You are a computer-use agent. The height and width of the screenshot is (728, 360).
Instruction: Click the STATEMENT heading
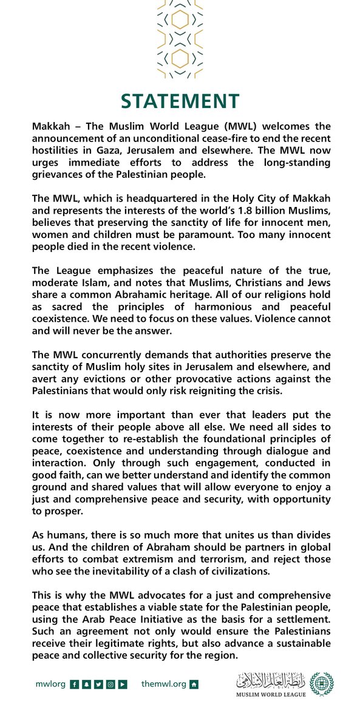coord(180,101)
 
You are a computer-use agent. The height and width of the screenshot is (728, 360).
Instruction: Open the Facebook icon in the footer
coord(73,684)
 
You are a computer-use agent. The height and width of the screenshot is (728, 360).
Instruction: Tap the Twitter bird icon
coord(98,684)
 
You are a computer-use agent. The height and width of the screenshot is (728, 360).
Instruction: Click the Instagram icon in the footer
coord(110,684)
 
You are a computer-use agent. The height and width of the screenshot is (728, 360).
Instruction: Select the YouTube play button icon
coord(123,684)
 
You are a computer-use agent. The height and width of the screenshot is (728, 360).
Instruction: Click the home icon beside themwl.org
coord(194,684)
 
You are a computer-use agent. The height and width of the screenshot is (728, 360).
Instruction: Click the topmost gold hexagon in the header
coord(180,20)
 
